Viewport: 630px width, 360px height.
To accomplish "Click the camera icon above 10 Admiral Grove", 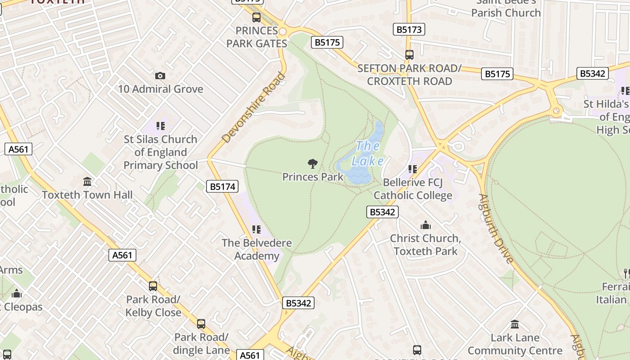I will [160, 76].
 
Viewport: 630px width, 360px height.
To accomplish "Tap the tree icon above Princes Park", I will [312, 164].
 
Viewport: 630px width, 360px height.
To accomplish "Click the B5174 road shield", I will [223, 186].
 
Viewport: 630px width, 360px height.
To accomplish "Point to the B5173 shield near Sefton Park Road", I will [409, 30].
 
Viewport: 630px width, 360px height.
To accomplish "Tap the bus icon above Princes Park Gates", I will [256, 18].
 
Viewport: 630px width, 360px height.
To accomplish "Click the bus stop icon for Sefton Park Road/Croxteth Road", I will [409, 55].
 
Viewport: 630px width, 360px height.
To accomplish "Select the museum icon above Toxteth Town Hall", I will [87, 182].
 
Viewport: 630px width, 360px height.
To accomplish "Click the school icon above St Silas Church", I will [161, 126].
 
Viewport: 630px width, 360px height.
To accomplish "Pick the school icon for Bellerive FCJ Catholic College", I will [413, 169].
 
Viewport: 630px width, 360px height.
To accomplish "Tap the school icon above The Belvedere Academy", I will [256, 229].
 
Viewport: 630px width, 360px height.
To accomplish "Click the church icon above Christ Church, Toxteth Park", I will [425, 225].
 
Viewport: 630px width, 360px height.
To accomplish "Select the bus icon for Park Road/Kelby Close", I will [153, 286].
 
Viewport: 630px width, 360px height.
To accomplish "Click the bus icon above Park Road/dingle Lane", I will [201, 324].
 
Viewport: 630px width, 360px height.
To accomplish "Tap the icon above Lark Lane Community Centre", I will [515, 324].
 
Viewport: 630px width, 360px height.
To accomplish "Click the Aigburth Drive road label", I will [496, 229].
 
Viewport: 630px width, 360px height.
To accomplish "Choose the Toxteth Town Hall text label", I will [87, 195].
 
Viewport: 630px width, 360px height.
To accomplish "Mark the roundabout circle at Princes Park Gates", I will [283, 31].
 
